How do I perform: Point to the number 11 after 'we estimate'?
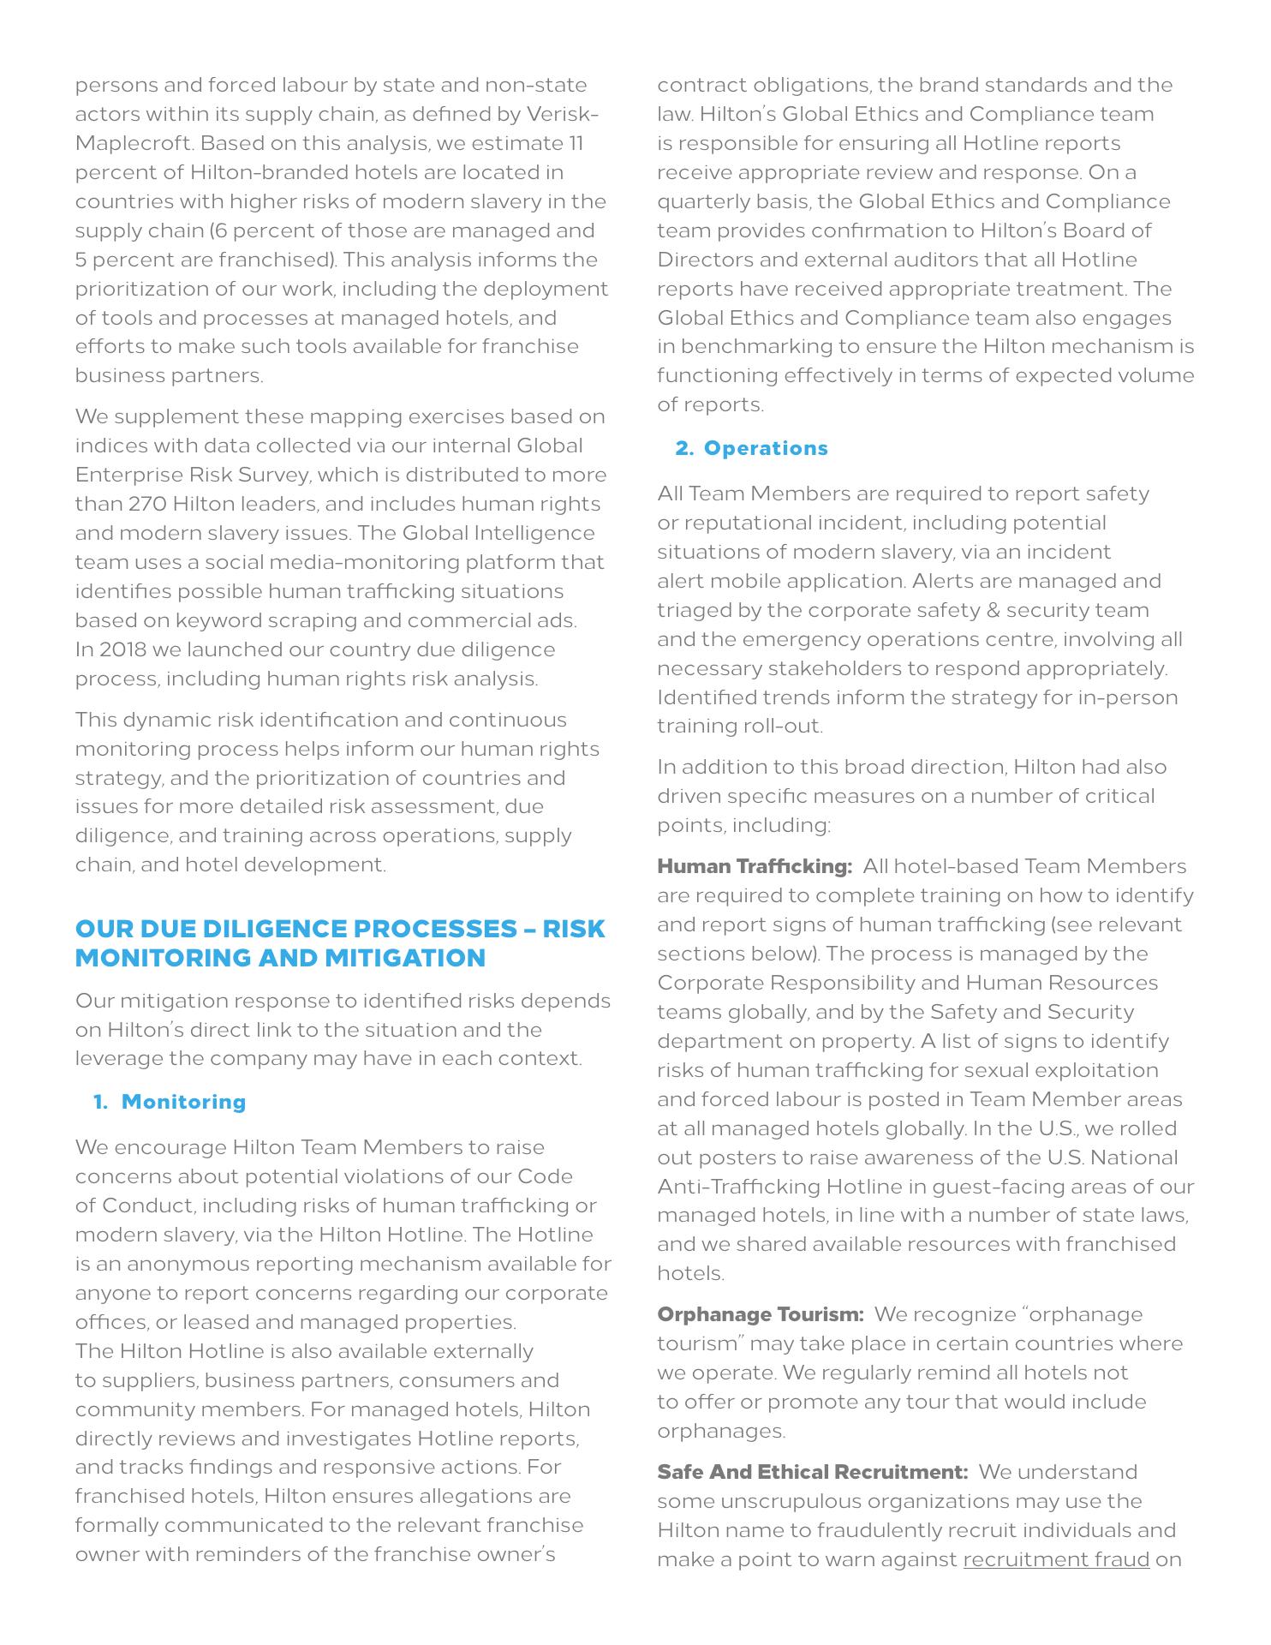[576, 143]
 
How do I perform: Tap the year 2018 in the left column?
[122, 649]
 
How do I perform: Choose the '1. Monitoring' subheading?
[170, 1102]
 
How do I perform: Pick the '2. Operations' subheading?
[751, 448]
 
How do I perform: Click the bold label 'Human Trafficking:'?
[754, 866]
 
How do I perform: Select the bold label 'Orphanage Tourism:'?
[760, 1314]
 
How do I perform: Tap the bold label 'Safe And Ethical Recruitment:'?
[812, 1472]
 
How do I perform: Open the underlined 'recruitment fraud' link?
[1055, 1559]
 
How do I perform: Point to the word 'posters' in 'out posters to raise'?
[734, 1157]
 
